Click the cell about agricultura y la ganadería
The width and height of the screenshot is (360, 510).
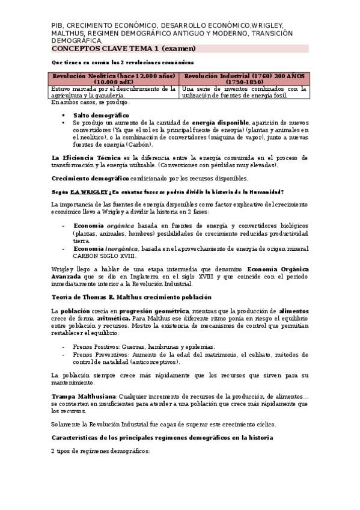[x=114, y=92]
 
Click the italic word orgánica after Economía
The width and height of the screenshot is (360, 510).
[x=121, y=225]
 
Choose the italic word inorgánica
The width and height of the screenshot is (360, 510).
[x=122, y=248]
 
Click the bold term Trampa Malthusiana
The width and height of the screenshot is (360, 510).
[x=84, y=396]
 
